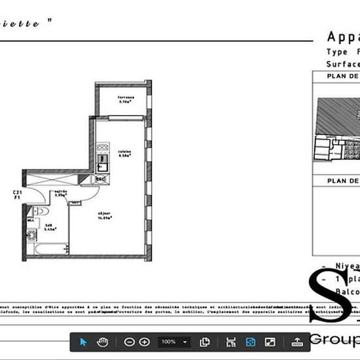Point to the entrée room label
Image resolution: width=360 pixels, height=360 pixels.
(x=61, y=193)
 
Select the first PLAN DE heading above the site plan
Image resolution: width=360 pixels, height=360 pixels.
(x=344, y=77)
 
